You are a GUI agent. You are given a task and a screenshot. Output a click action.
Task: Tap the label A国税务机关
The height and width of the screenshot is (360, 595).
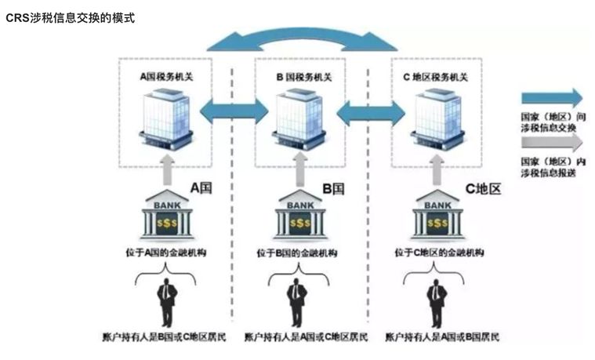[165, 76]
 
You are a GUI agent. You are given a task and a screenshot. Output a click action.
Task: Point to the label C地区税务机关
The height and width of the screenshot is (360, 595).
[434, 76]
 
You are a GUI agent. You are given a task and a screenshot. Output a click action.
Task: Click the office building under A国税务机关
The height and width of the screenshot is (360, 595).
[165, 118]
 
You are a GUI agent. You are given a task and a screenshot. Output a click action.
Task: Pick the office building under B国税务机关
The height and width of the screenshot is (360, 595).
[298, 118]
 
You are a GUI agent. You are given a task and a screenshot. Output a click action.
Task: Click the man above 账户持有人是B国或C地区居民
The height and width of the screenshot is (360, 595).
[165, 297]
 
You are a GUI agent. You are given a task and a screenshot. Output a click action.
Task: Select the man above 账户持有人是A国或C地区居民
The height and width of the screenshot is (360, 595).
[296, 297]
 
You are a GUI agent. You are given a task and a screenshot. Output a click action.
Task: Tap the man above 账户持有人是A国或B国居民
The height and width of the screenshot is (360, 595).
[436, 299]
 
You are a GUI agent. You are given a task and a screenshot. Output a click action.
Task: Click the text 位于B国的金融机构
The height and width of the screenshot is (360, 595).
[299, 253]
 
